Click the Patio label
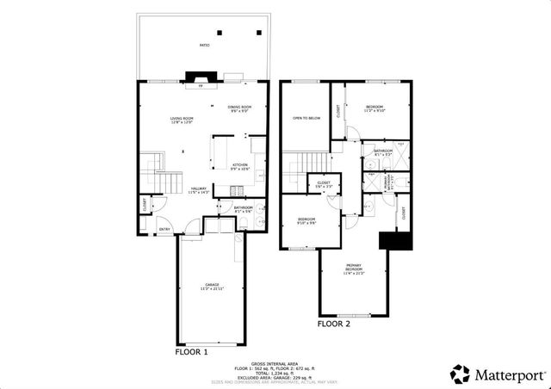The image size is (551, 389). point(204,45)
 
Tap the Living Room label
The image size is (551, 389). point(181,120)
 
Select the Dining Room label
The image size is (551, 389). point(239,108)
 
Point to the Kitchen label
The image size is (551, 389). point(240,166)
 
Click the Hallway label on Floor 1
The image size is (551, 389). point(200,191)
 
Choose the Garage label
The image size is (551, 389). point(212,286)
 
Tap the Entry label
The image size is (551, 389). point(163,228)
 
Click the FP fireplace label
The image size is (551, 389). point(201,87)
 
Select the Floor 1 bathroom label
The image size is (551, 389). point(220,209)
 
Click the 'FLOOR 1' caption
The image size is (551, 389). point(192,351)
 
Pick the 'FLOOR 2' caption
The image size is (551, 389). point(334,324)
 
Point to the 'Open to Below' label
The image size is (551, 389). point(306,119)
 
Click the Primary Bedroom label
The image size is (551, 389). point(354,268)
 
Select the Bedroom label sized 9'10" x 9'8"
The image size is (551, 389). point(307,222)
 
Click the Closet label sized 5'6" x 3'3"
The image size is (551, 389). point(325,184)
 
